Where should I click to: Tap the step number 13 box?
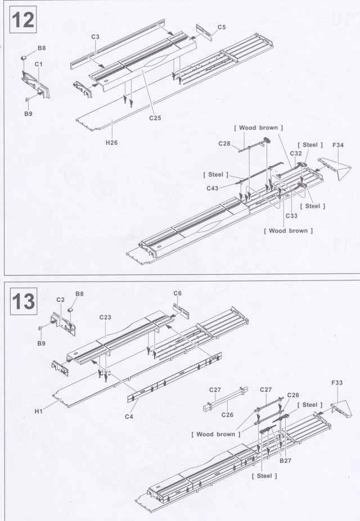pyautogui.click(x=23, y=303)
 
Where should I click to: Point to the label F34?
pyautogui.click(x=338, y=146)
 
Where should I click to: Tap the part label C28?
pyautogui.click(x=225, y=144)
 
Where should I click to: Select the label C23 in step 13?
pyautogui.click(x=105, y=318)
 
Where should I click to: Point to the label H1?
pyautogui.click(x=39, y=411)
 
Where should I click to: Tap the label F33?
pyautogui.click(x=337, y=383)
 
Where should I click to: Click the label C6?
pyautogui.click(x=177, y=293)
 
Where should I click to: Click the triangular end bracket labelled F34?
pyautogui.click(x=332, y=169)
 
